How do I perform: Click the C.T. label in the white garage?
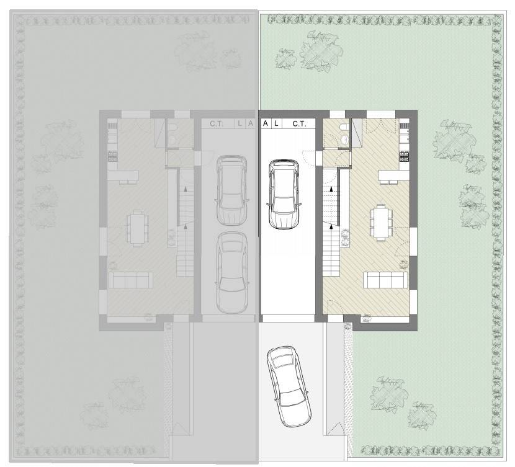coord(299,123)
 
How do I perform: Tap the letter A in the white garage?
coord(266,123)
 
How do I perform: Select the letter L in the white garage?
coord(276,123)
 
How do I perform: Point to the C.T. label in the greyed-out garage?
coord(217,123)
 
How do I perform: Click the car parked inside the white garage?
coord(284,194)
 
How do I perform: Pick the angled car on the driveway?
coord(289,386)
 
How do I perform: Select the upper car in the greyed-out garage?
coord(231,190)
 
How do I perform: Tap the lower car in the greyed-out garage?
coord(232,273)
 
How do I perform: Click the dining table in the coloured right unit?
coord(381,223)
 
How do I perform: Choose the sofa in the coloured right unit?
coord(385,280)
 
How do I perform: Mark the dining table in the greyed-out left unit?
coord(137,228)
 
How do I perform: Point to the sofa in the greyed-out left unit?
coord(131,280)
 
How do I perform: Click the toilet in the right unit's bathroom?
coord(344,127)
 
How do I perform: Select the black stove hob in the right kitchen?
coord(404,156)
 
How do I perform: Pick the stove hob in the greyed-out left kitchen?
coord(113,156)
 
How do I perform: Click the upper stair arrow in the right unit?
coord(331,189)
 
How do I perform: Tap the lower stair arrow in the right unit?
coord(331,226)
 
